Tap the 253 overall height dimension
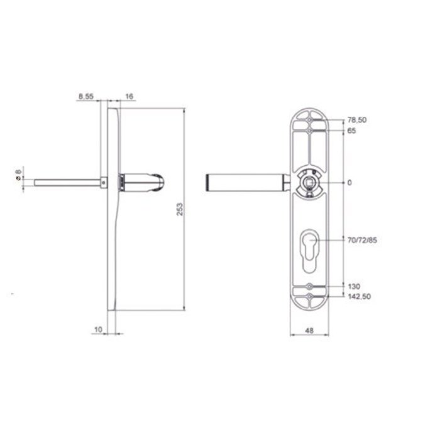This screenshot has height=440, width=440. coord(180,209)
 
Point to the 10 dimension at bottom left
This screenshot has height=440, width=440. coord(97,327)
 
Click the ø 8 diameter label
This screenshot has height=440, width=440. coord(18,173)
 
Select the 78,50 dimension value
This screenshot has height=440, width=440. coord(356,119)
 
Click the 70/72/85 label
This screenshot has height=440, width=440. coord(361,240)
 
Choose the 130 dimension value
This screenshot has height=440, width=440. coord(353,286)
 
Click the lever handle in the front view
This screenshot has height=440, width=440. coord(245,182)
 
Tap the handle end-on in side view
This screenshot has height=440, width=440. coord(145,182)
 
